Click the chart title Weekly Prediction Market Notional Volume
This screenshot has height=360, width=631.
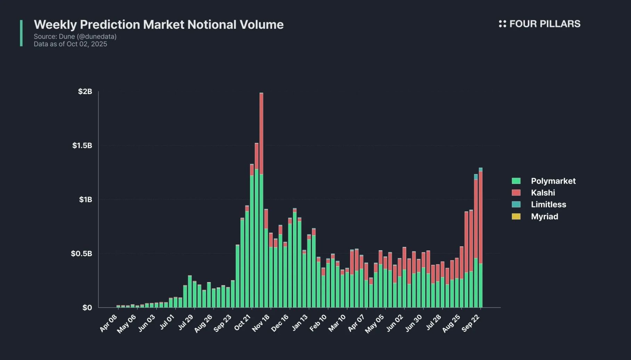click(158, 25)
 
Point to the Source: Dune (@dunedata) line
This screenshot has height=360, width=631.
click(75, 36)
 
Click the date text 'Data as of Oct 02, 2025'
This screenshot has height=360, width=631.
click(70, 44)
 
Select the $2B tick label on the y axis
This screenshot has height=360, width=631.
click(85, 91)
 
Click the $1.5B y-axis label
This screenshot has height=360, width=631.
click(82, 146)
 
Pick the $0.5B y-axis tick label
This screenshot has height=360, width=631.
click(82, 254)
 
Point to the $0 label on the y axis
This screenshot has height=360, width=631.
click(87, 308)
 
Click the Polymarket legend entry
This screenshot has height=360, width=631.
click(553, 181)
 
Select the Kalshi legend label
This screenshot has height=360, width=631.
click(543, 193)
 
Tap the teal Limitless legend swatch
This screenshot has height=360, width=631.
click(516, 204)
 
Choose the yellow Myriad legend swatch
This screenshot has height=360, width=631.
click(516, 216)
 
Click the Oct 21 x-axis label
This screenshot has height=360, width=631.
click(243, 322)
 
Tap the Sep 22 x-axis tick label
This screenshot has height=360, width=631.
click(471, 323)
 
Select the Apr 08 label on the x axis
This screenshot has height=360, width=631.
click(108, 323)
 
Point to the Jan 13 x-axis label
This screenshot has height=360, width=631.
click(300, 322)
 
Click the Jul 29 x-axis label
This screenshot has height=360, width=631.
click(186, 322)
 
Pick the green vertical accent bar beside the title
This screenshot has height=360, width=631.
click(21, 33)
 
